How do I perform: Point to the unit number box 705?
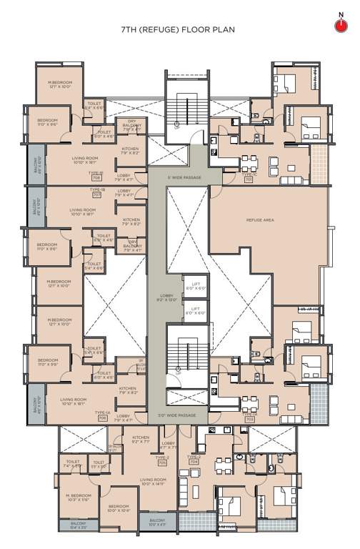[x=162, y=463]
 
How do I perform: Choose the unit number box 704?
[x=194, y=462]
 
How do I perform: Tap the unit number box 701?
[x=248, y=179]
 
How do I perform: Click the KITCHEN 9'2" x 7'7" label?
[x=140, y=440]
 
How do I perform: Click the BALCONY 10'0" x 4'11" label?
[x=156, y=523]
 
